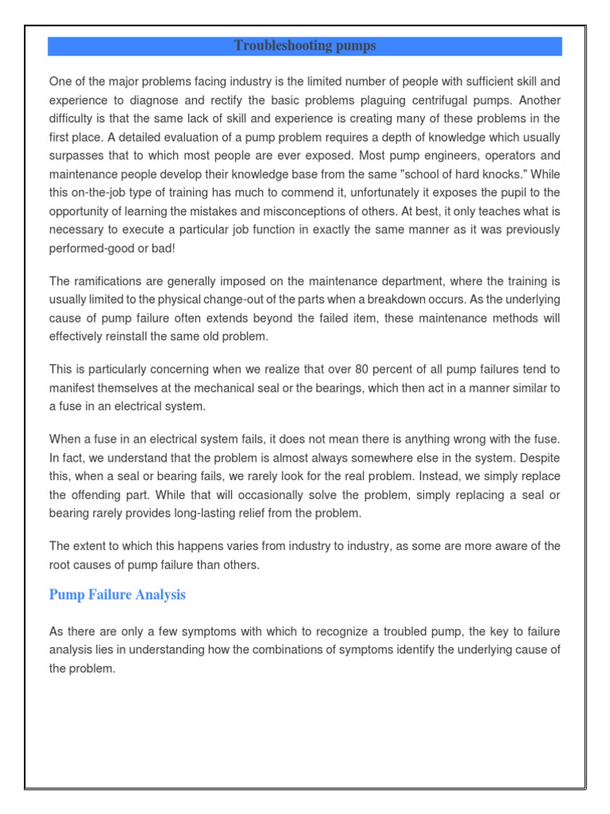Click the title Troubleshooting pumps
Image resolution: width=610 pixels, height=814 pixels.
(305, 46)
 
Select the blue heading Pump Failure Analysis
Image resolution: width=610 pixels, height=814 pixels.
(117, 595)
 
